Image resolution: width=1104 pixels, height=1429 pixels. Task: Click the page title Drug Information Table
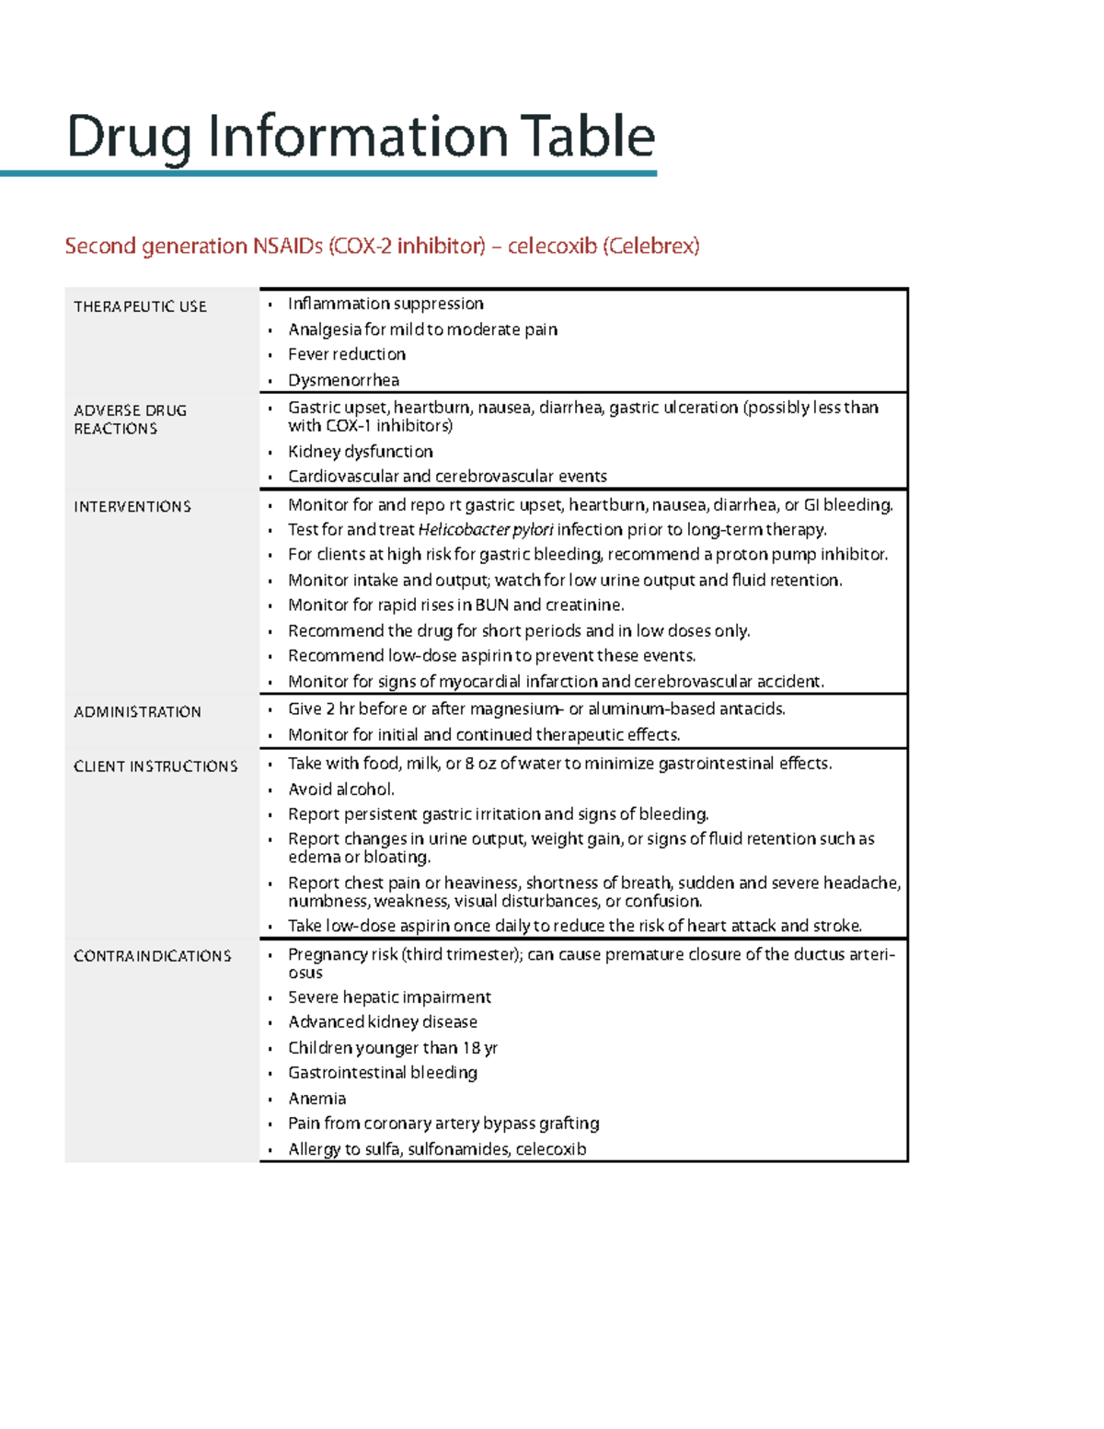(361, 136)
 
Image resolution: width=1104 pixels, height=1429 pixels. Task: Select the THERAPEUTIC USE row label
(140, 306)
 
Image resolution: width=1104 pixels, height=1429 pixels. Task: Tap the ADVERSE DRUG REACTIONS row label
(130, 420)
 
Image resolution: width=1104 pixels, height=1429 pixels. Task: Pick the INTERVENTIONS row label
(132, 507)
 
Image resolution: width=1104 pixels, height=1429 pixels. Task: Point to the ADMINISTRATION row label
(137, 712)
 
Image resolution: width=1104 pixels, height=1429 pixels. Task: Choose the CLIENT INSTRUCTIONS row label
(155, 766)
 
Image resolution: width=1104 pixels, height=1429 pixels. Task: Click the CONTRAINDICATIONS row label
(152, 956)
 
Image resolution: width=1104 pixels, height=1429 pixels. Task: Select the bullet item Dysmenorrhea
(343, 380)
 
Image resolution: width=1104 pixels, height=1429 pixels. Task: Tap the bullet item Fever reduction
(347, 354)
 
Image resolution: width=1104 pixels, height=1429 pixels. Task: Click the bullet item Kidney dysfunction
(360, 452)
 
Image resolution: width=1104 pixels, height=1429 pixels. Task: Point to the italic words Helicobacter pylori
(486, 530)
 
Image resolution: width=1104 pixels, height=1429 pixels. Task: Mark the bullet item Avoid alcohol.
(341, 789)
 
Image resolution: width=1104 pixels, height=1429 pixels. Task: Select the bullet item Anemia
(316, 1099)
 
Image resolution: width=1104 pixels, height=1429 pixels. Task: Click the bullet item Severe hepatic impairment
(389, 997)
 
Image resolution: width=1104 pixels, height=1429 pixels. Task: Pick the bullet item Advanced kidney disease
(383, 1022)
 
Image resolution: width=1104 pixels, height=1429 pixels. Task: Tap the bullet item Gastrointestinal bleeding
(383, 1073)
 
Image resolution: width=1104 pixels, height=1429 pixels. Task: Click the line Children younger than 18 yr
(393, 1048)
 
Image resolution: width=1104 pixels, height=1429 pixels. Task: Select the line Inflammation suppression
(385, 304)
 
